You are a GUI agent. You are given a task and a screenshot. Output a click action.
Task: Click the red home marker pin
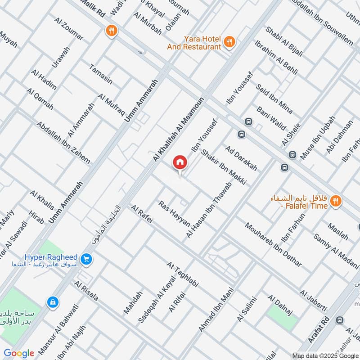pos(180,162)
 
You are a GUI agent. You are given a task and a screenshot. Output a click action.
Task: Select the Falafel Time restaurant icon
pos(336,201)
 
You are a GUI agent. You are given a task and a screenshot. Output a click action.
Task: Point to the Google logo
pos(19,353)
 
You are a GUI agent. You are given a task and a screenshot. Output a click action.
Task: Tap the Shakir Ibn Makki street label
pos(224,167)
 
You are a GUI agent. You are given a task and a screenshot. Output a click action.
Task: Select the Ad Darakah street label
pos(241,158)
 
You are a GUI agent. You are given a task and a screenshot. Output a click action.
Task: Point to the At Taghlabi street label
pos(182,275)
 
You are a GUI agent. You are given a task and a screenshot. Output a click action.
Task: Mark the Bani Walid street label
pos(271,118)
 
